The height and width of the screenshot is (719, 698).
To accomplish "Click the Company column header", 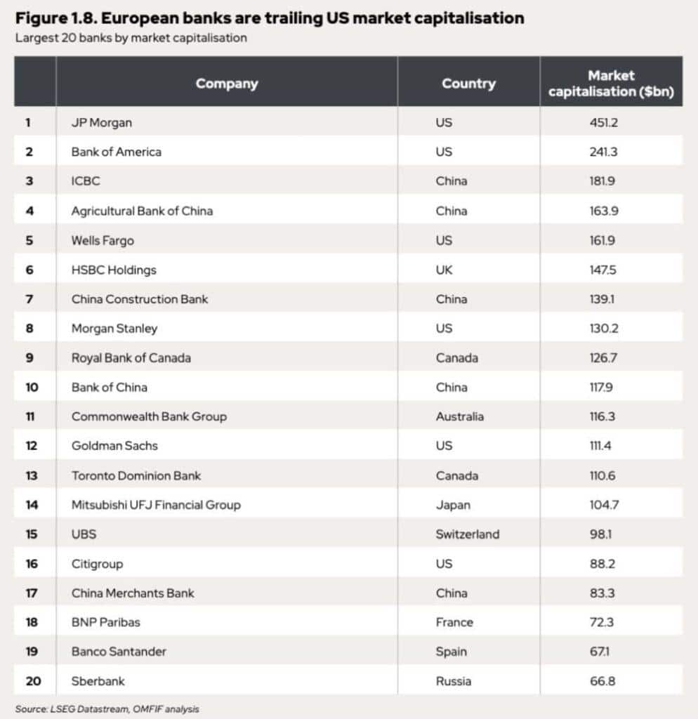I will [x=226, y=84].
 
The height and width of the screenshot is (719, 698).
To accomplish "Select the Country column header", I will [x=468, y=84].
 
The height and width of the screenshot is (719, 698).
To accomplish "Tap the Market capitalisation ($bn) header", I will [x=611, y=84].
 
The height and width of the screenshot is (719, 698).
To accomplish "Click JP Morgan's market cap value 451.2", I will [x=603, y=122].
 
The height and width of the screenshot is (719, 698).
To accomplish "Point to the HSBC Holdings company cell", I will [x=114, y=270].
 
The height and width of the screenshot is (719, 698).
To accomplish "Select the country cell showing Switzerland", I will [x=467, y=534].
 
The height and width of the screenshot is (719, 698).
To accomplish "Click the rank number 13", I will [x=32, y=475].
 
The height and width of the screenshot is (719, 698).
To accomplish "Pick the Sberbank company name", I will [x=98, y=681].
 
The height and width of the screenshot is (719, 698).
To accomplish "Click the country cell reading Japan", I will [x=453, y=505].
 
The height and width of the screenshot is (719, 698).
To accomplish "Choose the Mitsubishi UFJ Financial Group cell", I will [x=156, y=505].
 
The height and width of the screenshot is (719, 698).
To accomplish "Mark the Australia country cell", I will [x=459, y=416].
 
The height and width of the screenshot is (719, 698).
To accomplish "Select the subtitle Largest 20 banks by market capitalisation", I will [x=131, y=38].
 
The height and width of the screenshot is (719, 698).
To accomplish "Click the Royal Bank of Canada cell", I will [x=131, y=357].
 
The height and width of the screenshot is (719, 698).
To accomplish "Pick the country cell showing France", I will [x=454, y=622].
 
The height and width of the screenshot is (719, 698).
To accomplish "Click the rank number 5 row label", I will [x=29, y=240].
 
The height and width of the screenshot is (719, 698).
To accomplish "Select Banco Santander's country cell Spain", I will [x=451, y=652].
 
